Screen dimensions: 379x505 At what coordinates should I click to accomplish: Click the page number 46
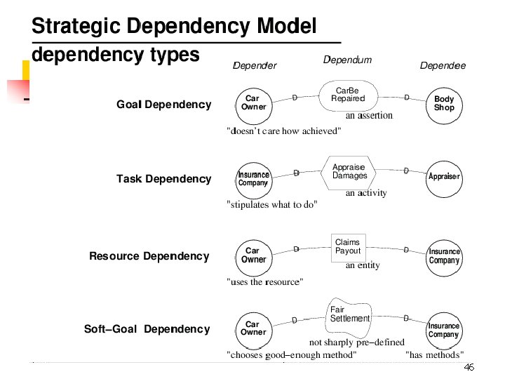click(469, 368)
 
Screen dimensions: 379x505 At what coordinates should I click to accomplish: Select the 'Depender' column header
click(255, 66)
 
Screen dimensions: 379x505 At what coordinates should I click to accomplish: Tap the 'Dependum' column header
click(347, 60)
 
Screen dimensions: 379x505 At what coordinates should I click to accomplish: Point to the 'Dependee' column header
click(443, 66)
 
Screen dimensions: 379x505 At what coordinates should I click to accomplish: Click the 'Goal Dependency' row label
click(163, 105)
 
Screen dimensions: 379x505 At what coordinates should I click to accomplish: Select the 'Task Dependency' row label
click(163, 179)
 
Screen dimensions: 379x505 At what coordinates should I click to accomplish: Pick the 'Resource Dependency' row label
click(149, 256)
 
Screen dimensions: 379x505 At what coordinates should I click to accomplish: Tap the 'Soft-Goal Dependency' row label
click(147, 329)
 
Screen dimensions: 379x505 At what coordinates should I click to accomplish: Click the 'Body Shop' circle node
click(444, 104)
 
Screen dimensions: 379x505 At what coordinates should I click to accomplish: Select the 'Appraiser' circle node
click(444, 176)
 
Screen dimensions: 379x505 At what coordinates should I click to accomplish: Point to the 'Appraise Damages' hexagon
click(349, 172)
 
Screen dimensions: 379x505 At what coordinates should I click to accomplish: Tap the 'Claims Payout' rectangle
click(348, 247)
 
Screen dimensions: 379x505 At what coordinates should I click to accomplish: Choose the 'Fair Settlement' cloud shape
click(349, 314)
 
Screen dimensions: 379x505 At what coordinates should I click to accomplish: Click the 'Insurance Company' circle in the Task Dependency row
click(253, 179)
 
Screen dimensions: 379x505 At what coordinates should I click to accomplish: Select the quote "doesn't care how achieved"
click(283, 131)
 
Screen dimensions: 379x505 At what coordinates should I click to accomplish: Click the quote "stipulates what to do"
click(272, 205)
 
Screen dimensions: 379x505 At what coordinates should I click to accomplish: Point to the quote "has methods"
click(434, 355)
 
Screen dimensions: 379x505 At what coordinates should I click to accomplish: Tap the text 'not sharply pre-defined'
click(357, 343)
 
